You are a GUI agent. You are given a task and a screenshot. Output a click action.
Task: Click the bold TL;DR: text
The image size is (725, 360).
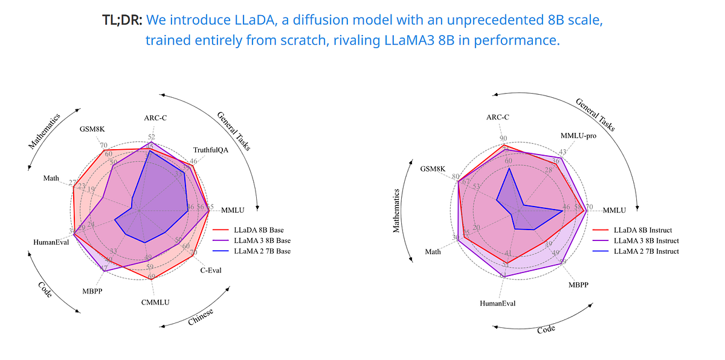[x=123, y=20]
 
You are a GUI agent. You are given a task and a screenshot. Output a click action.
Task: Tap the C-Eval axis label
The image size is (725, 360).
[x=211, y=270]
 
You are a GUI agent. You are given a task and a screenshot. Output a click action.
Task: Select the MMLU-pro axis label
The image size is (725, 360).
[x=578, y=136]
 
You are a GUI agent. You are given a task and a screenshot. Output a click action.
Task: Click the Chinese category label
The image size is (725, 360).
[x=201, y=315]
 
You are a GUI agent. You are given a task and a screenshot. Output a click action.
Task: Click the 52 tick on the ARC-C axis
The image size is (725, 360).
[x=151, y=137]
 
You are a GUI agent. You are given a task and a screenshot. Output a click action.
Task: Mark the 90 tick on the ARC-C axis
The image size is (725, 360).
[x=503, y=138]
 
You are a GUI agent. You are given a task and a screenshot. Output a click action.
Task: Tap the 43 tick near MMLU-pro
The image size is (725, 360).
[x=563, y=152]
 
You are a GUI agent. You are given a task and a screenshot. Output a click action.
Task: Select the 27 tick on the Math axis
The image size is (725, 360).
[x=72, y=183]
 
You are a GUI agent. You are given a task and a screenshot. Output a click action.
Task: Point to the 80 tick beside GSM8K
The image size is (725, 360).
[x=454, y=176]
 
